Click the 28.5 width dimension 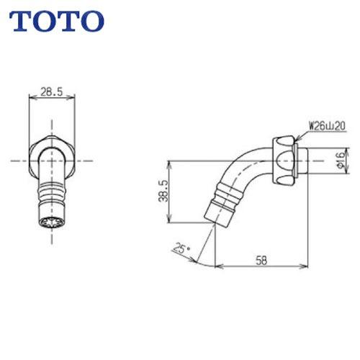click(x=50, y=93)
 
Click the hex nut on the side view click(x=285, y=158)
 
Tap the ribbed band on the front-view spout click(x=50, y=193)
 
